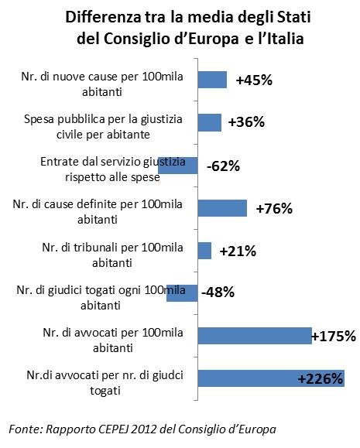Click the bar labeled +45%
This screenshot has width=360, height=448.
[x=212, y=80]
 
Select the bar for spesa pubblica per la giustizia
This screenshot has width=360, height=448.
[x=210, y=122]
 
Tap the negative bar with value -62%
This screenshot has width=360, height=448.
[x=178, y=166]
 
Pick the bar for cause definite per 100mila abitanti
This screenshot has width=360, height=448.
[x=222, y=208]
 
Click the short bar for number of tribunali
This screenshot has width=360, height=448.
[x=204, y=251]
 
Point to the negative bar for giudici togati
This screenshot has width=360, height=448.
[x=182, y=292]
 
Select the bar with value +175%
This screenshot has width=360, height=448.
[x=255, y=336]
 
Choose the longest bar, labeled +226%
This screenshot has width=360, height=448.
[x=271, y=378]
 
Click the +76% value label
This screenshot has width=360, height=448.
[x=274, y=209]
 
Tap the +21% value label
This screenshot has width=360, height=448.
[x=238, y=251]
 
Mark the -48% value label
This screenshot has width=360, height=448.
[x=218, y=292]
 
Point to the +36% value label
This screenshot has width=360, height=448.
[x=246, y=122]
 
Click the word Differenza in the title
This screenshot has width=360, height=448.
[x=103, y=17]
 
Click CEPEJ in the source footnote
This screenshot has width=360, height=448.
[x=113, y=429]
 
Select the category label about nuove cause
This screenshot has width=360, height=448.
[x=102, y=84]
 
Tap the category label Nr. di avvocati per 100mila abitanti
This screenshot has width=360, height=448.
[x=113, y=340]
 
